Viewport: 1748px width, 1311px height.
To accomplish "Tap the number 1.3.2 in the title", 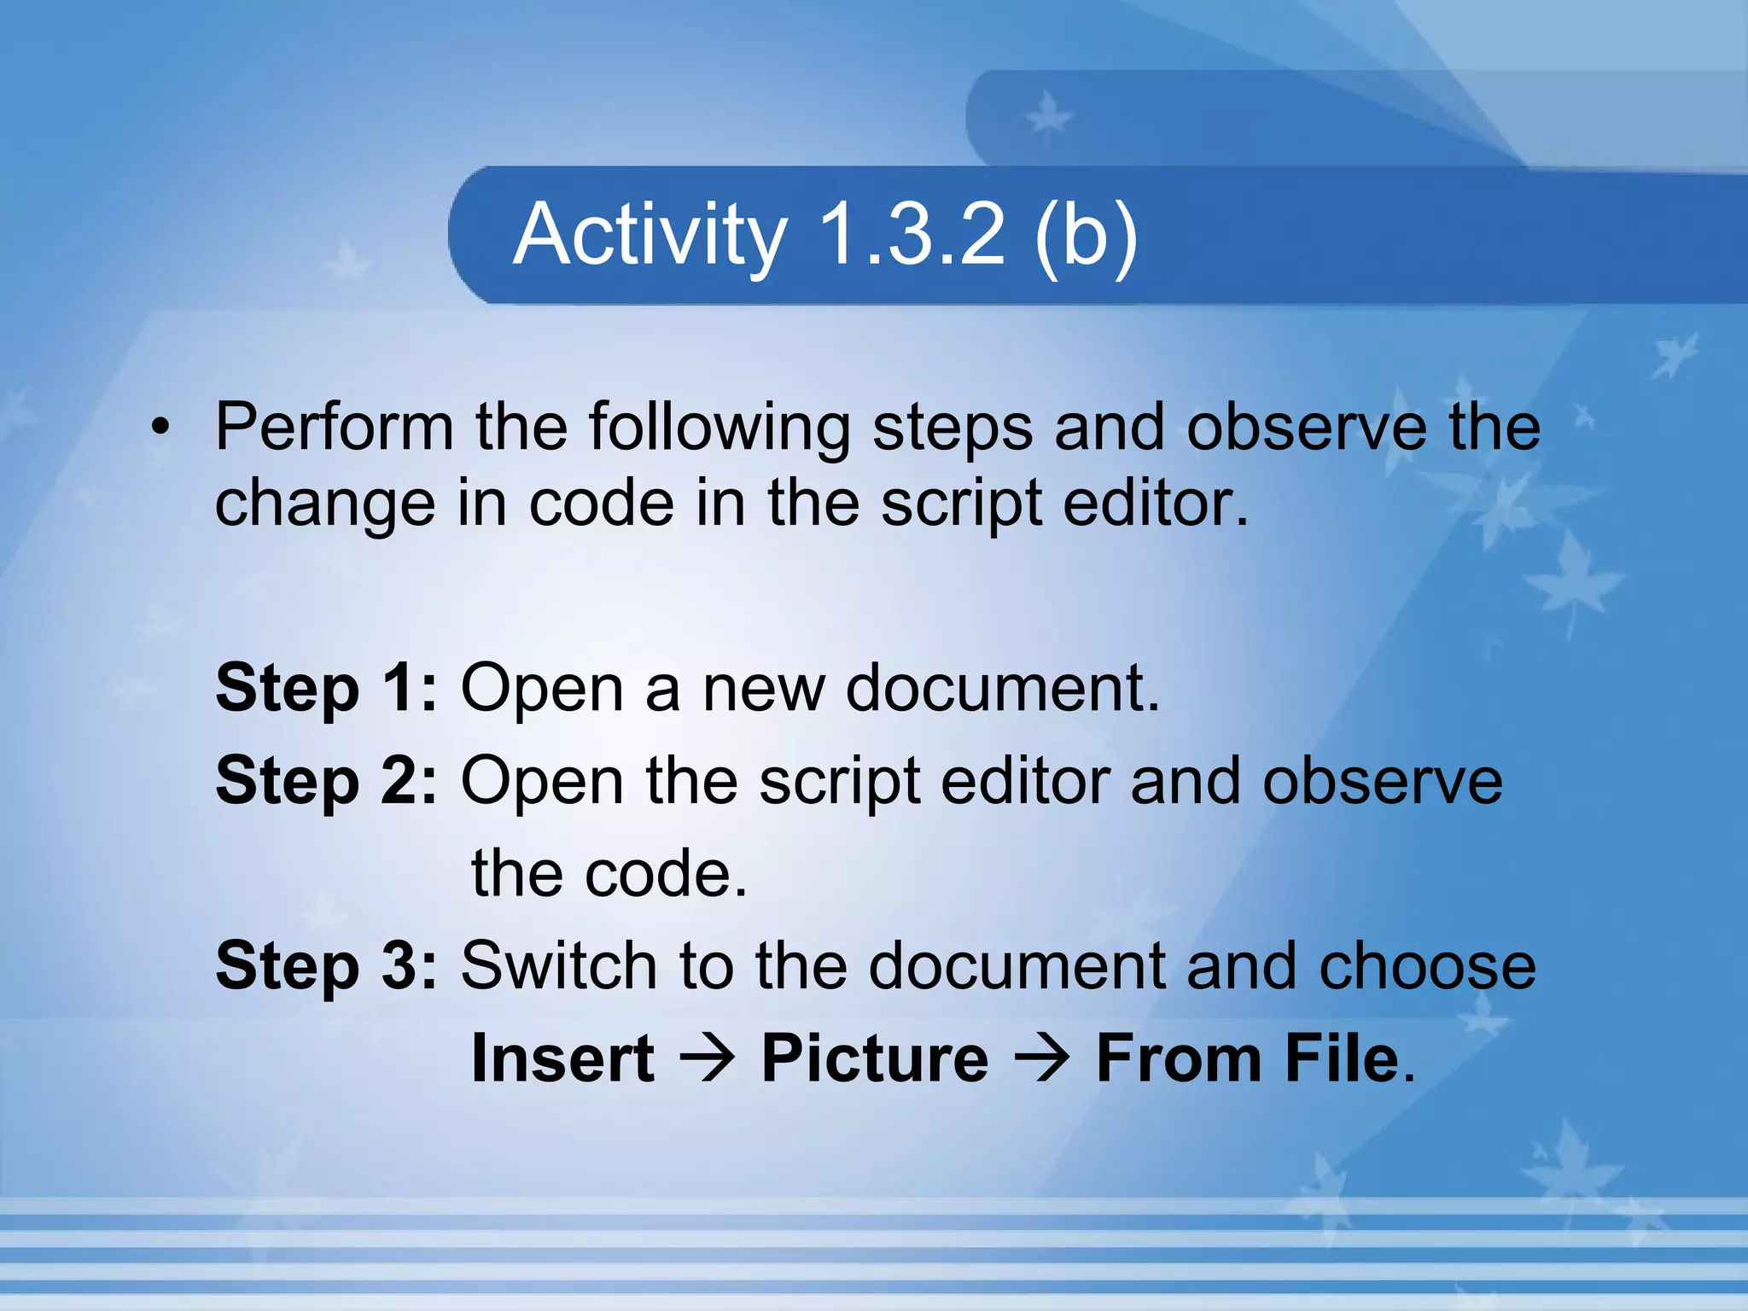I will pyautogui.click(x=912, y=235).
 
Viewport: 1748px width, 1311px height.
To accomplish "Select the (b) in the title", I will pyautogui.click(x=1086, y=236).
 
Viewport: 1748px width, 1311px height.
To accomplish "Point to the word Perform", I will pyautogui.click(x=334, y=427).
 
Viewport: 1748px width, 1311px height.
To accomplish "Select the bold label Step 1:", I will pyautogui.click(x=326, y=690).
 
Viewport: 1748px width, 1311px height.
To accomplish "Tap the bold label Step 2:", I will pyautogui.click(x=326, y=782).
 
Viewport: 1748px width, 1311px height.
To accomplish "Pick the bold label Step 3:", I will pyautogui.click(x=326, y=967).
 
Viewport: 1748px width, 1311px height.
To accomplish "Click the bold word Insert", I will pyautogui.click(x=563, y=1059).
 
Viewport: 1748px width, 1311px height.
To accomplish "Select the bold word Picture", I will pyautogui.click(x=875, y=1059).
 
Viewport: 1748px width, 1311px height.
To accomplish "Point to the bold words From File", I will pyautogui.click(x=1248, y=1059).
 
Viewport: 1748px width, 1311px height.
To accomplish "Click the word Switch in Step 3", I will pyautogui.click(x=558, y=967).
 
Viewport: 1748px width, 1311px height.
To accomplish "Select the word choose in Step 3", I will pyautogui.click(x=1427, y=967).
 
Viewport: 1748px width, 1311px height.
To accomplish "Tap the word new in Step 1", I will pyautogui.click(x=763, y=690).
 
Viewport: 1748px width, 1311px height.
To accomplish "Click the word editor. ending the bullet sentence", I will pyautogui.click(x=1156, y=504).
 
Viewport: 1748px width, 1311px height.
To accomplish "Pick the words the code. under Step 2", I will pyautogui.click(x=609, y=875).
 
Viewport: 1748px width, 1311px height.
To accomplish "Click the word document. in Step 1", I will pyautogui.click(x=1003, y=690).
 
